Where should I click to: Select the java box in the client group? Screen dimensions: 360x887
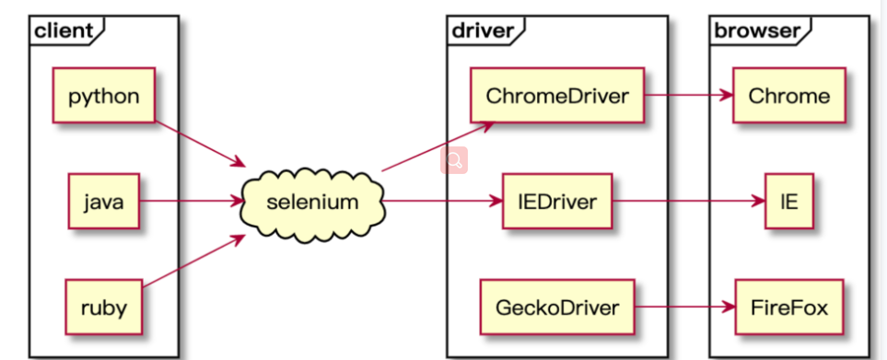point(103,201)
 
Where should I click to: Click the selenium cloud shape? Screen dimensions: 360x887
point(311,201)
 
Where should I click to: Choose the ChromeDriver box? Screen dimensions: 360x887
point(556,96)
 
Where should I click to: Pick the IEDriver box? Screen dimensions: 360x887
point(556,201)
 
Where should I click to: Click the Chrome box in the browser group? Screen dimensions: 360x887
point(788,96)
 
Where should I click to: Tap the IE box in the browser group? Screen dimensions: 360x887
point(788,201)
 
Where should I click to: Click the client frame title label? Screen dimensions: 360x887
point(63,30)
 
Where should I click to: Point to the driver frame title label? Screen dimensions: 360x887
point(481,30)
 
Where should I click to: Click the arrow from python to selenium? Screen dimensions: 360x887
point(198,143)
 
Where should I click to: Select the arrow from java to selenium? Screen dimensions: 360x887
point(189,201)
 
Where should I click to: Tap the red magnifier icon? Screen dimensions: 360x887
point(454,161)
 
